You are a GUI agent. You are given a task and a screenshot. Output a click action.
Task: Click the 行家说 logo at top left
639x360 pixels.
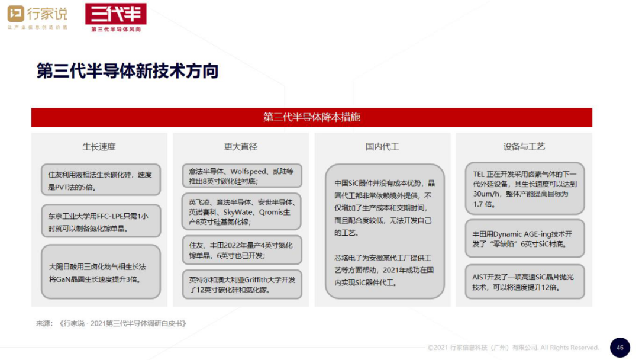click(37, 18)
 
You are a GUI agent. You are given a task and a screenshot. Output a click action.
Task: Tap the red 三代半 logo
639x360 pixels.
click(116, 18)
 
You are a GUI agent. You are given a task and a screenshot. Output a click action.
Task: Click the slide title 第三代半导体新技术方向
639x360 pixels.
click(128, 71)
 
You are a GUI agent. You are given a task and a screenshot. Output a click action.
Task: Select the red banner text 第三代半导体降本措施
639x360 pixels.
click(312, 117)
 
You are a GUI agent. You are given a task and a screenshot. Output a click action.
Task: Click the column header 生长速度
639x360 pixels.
click(99, 147)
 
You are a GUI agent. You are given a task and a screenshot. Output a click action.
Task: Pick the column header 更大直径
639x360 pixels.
click(240, 147)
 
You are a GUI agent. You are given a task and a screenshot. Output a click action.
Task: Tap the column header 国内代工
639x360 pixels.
click(382, 147)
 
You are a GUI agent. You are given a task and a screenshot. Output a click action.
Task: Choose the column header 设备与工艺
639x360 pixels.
click(524, 147)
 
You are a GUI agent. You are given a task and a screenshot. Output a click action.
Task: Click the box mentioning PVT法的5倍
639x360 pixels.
click(101, 180)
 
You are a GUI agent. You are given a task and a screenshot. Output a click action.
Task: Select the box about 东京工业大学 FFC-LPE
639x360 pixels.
click(101, 221)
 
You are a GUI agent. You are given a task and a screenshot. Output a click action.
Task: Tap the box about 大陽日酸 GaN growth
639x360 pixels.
click(101, 272)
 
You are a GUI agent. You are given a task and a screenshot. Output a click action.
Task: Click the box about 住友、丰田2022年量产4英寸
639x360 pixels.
click(242, 250)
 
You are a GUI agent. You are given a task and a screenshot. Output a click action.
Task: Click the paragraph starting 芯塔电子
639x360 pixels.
click(385, 271)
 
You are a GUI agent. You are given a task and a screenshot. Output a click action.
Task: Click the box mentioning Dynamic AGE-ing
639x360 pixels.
click(525, 239)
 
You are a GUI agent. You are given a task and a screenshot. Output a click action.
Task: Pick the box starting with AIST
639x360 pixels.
click(525, 282)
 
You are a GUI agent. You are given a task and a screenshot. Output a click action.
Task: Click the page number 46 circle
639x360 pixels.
click(620, 348)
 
